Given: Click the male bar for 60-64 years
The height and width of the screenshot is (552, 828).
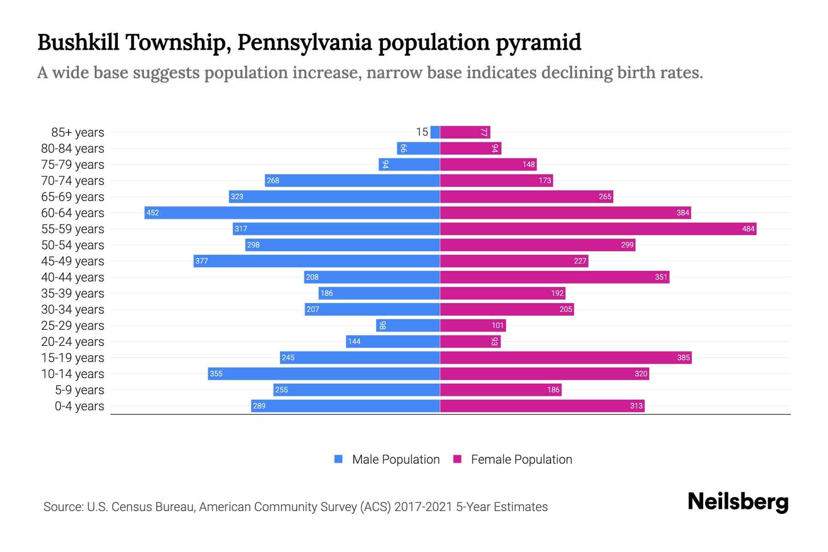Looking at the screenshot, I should (x=292, y=213).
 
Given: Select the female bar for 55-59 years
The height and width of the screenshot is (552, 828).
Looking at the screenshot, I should (x=598, y=229).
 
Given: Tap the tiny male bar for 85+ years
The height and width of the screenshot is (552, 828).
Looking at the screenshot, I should (x=435, y=132).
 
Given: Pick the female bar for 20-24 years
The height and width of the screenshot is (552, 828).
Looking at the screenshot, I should (x=469, y=341).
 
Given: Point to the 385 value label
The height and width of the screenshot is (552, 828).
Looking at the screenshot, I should (x=683, y=357).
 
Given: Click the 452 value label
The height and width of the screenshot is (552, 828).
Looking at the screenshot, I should (x=152, y=213).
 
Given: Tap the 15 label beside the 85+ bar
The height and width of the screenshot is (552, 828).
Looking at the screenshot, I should (x=422, y=132).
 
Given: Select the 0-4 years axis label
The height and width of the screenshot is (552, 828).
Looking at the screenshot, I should (x=79, y=406).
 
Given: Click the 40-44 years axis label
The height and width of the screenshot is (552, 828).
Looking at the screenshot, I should (x=73, y=277).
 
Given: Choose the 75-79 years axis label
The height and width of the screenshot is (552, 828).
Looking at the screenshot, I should (x=73, y=165).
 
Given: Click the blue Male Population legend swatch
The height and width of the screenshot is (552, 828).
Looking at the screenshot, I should (x=339, y=459).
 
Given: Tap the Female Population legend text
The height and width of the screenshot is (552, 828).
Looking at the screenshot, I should (x=521, y=460).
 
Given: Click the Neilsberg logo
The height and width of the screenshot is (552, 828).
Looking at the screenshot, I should (x=738, y=502).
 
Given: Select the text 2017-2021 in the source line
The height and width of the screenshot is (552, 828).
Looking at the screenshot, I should (x=423, y=507).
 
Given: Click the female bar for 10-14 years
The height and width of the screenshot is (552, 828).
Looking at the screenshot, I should (x=544, y=374).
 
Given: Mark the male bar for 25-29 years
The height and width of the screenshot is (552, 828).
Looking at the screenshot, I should (x=408, y=325).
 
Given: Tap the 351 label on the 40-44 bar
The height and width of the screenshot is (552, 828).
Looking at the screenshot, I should (x=661, y=277).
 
